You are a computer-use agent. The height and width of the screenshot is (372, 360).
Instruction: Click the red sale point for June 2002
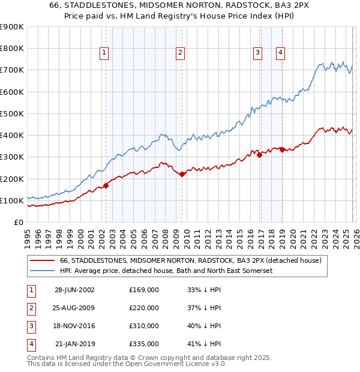(x=106, y=185)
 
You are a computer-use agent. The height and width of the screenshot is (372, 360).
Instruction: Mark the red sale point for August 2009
(x=182, y=175)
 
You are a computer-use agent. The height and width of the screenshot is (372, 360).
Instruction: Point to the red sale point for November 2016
(x=260, y=155)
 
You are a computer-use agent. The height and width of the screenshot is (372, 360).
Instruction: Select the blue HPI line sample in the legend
(x=42, y=271)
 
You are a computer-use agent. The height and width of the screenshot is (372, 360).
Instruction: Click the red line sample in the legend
(x=42, y=260)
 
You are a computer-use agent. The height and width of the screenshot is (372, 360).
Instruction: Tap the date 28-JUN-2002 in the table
(x=74, y=290)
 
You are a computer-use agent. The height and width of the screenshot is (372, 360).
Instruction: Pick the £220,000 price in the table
(x=144, y=308)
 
